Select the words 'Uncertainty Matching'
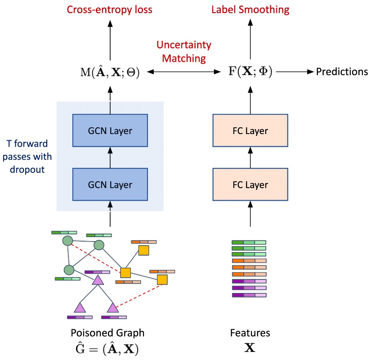click(x=183, y=51)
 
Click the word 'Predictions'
click(x=342, y=72)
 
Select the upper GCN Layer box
click(x=110, y=131)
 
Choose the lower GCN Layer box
click(x=110, y=184)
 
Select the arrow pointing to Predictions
click(x=296, y=72)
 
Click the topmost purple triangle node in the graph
click(x=98, y=280)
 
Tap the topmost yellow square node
click(x=143, y=250)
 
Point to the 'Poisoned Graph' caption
click(x=107, y=333)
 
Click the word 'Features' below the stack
click(x=250, y=333)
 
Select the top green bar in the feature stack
click(x=249, y=242)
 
